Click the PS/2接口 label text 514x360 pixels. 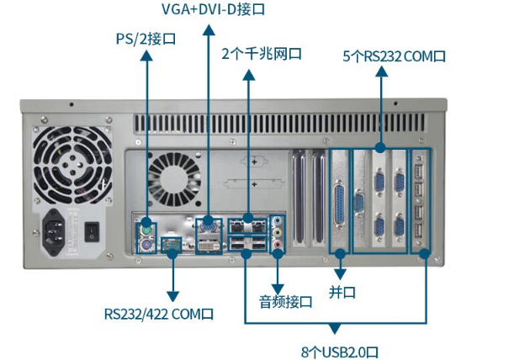[146, 39]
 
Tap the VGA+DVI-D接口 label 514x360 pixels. [213, 9]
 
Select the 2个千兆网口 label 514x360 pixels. [262, 54]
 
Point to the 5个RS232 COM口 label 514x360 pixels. [394, 56]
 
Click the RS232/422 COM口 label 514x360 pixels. [159, 314]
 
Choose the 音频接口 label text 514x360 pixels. [285, 302]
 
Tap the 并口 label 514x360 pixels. [342, 292]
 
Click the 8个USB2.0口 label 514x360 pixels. [340, 352]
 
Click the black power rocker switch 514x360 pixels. [92, 232]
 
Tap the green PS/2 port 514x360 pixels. [146, 231]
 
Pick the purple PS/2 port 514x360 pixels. [146, 246]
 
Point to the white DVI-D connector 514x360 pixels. [209, 246]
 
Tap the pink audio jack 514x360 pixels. [278, 244]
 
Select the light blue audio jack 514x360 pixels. [278, 221]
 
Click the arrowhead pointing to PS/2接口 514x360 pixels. [146, 56]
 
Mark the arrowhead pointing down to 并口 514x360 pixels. [341, 274]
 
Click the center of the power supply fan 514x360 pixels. [72, 166]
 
